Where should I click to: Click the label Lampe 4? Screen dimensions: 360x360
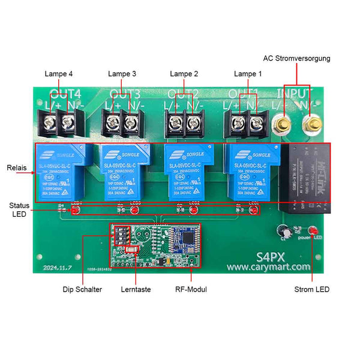pyautogui.click(x=59, y=74)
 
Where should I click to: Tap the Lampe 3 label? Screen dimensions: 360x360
pyautogui.click(x=122, y=74)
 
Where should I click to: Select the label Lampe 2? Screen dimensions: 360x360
pyautogui.click(x=184, y=74)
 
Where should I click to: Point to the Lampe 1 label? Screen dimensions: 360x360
pyautogui.click(x=248, y=74)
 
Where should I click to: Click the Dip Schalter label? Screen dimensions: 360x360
pyautogui.click(x=82, y=289)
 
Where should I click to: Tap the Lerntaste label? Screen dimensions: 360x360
pyautogui.click(x=136, y=289)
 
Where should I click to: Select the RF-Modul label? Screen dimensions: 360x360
pyautogui.click(x=191, y=289)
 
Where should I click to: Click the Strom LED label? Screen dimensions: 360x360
pyautogui.click(x=313, y=289)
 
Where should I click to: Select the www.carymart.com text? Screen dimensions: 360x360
pyautogui.click(x=268, y=267)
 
